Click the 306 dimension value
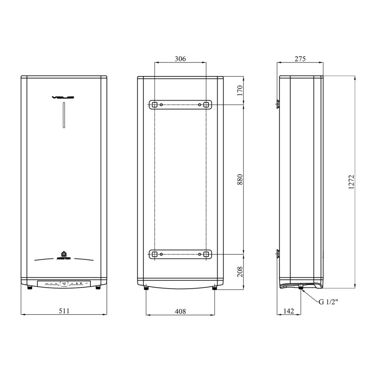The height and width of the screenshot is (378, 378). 180,59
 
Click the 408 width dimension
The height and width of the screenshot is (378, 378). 180,311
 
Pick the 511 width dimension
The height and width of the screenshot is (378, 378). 64,311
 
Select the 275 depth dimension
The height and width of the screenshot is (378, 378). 300,59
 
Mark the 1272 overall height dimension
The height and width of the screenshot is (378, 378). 351,181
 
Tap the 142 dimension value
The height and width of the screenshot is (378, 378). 288,311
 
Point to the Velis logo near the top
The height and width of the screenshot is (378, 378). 63,98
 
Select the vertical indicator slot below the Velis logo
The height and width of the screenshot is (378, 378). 63,116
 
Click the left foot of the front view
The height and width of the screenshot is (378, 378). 29,287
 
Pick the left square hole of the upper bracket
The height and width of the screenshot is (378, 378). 154,104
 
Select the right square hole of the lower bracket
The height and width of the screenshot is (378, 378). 206,255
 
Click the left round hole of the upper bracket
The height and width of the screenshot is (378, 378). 162,104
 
